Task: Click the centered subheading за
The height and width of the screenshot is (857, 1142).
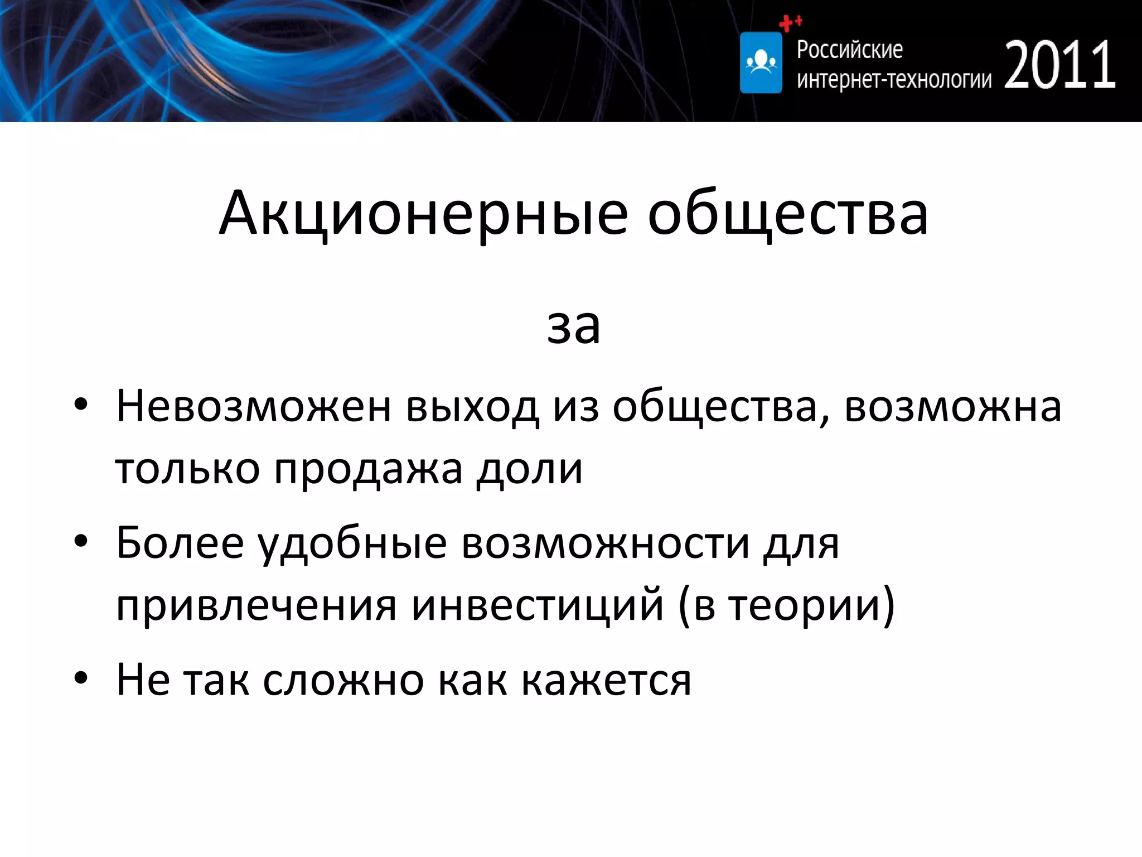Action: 573,326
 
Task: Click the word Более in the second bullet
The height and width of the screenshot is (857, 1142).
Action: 180,543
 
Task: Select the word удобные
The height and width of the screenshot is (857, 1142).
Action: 352,543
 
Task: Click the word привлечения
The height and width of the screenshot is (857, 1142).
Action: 255,605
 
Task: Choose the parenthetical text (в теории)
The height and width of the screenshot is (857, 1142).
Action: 786,605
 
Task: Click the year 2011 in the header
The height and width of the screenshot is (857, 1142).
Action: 1059,66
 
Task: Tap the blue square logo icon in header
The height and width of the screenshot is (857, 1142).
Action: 761,62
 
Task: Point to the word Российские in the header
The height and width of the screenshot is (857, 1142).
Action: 849,50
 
